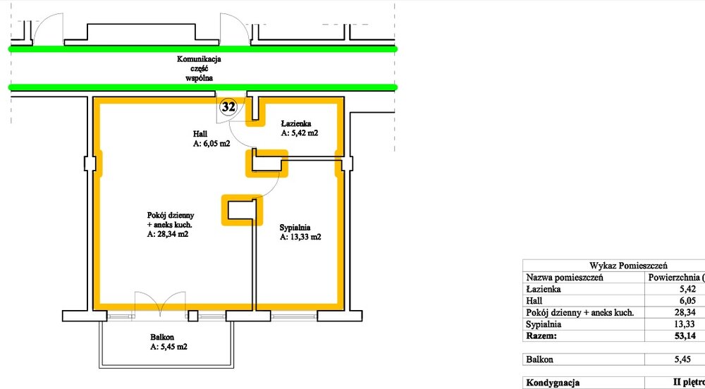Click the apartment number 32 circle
point(228,107)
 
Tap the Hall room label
point(200,134)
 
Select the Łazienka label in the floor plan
point(296,123)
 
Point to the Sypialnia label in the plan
point(295,228)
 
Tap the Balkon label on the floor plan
point(162,337)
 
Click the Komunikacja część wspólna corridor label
point(200,68)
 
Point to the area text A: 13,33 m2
point(300,237)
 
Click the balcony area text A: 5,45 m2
point(168,347)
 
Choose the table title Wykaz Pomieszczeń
point(628,266)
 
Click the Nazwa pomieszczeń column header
point(564,277)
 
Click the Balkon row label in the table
point(539,359)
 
